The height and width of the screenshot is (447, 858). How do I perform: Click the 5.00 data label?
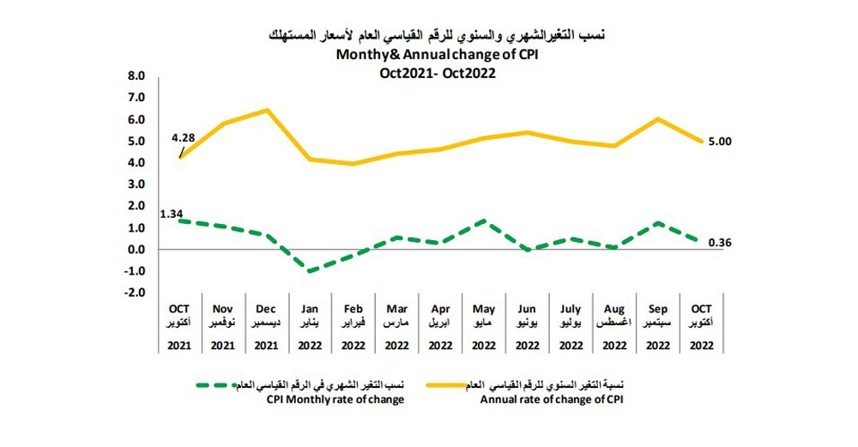click(x=719, y=142)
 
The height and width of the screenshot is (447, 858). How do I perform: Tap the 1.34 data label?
click(x=172, y=213)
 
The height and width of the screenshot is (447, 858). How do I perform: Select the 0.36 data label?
click(x=719, y=244)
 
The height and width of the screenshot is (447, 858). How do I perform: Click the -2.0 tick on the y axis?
click(x=136, y=293)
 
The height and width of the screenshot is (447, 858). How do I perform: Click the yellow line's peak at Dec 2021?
click(x=267, y=110)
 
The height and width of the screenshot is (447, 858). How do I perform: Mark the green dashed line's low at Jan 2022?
click(x=309, y=271)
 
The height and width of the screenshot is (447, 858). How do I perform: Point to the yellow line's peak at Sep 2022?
click(x=657, y=118)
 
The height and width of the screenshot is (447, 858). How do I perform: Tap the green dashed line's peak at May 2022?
click(x=484, y=220)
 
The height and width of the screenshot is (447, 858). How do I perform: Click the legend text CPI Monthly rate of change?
click(x=343, y=400)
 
